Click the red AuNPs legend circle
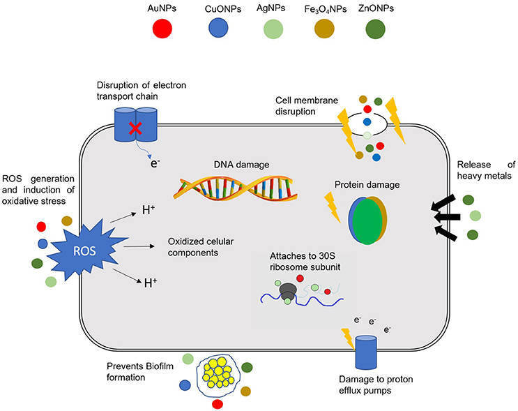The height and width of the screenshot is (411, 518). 162,29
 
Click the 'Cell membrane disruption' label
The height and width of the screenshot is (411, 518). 304,106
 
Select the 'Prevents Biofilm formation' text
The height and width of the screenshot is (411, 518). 137,372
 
